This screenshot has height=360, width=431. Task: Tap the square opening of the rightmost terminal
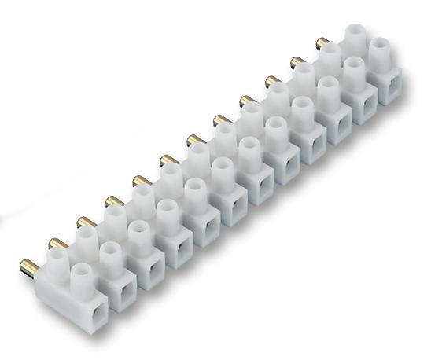(x=391, y=87)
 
